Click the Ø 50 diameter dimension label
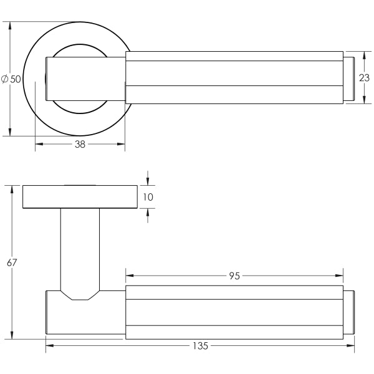coord(11,79)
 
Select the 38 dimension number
coord(80,144)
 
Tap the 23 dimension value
coord(364,78)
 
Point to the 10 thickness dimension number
coord(148,197)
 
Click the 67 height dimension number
coord(12,262)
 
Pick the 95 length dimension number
coord(234,276)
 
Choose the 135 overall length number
coord(200,345)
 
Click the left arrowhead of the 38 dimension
coord(39,144)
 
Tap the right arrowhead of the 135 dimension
coord(350,345)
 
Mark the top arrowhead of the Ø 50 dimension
coord(10,26)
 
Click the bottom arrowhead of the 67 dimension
coord(12,335)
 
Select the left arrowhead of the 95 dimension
coord(130,276)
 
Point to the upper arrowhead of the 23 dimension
coord(364,55)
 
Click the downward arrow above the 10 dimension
coord(148,181)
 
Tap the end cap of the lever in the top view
coord(349,79)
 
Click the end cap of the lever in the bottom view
coord(348,312)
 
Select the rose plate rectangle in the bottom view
coord(80,197)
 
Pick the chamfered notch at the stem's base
coord(80,295)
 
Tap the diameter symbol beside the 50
coord(5,79)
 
